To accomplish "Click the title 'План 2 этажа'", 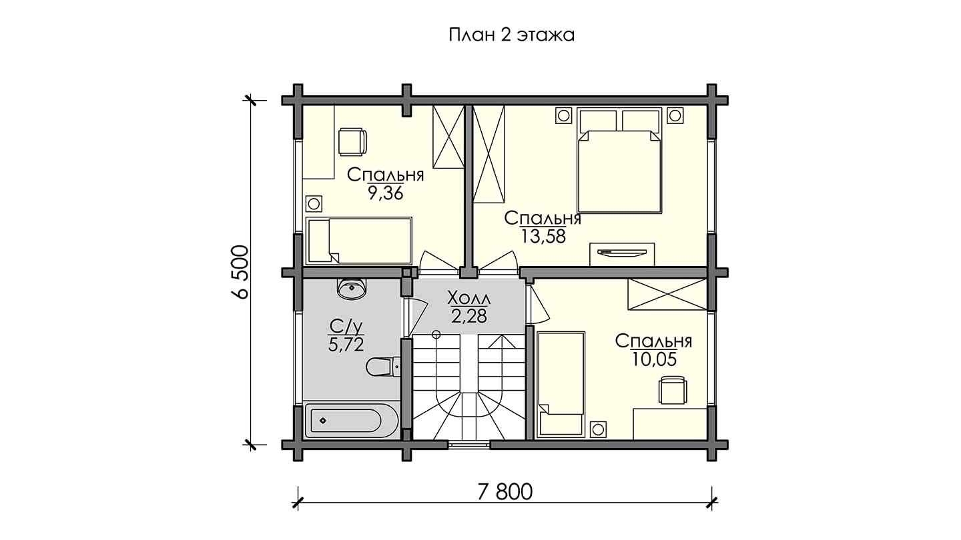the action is tap(511, 35).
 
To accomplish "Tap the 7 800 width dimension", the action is tap(505, 492).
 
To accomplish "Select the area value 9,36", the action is tap(386, 193).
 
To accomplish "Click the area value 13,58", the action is tap(543, 236).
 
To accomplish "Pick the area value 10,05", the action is tap(654, 359).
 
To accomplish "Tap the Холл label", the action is tap(469, 297).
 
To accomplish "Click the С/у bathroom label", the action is tap(346, 327).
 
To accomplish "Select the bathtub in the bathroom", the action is tap(351, 420).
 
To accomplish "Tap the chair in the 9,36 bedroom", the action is tap(352, 142).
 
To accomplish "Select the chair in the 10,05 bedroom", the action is tap(673, 389).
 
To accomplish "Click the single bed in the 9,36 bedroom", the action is tap(358, 241).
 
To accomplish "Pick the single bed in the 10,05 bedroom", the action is tap(561, 384).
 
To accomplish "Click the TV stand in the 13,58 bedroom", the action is tap(622, 254).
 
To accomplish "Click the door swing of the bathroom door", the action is tap(416, 318).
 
